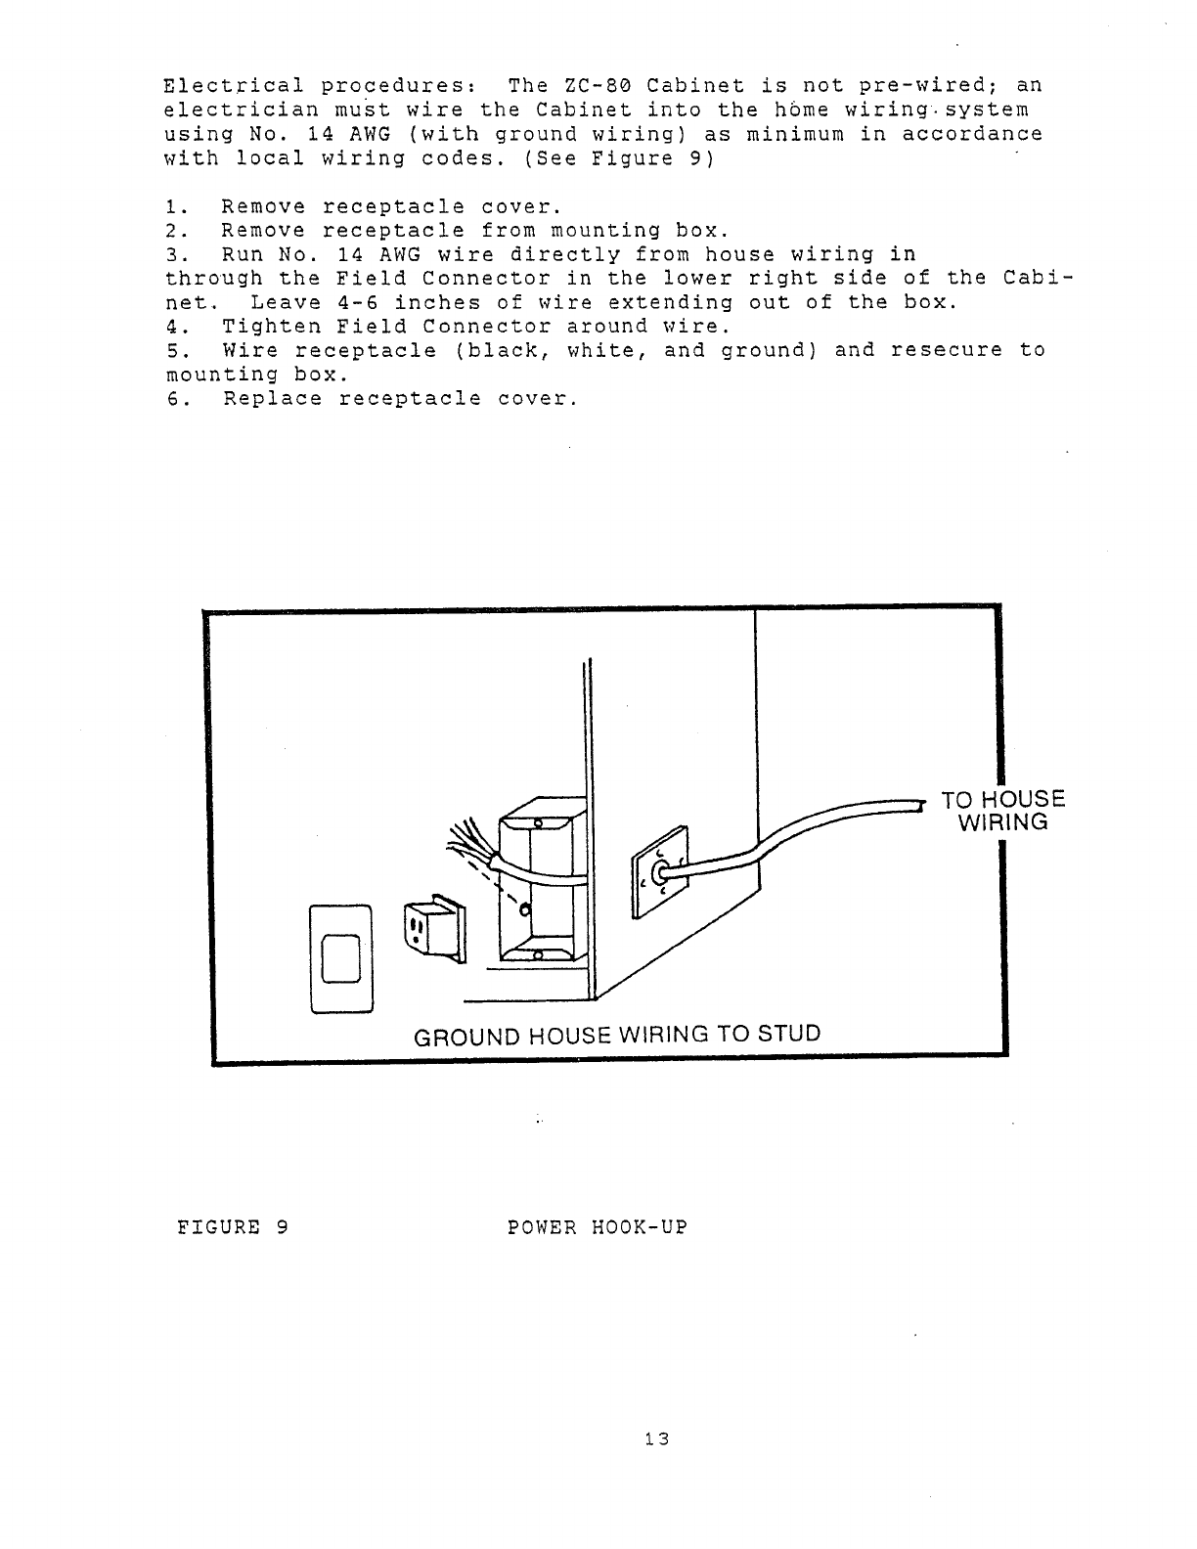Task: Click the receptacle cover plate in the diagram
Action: click(x=341, y=959)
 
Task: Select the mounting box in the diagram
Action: click(x=543, y=880)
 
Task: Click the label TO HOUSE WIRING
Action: click(x=1002, y=812)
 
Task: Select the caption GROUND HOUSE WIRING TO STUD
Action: click(x=617, y=1035)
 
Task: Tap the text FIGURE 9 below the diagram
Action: click(x=231, y=1226)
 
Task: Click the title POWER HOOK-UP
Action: click(x=598, y=1226)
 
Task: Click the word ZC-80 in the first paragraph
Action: click(x=597, y=86)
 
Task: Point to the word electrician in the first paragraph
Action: click(x=242, y=111)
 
